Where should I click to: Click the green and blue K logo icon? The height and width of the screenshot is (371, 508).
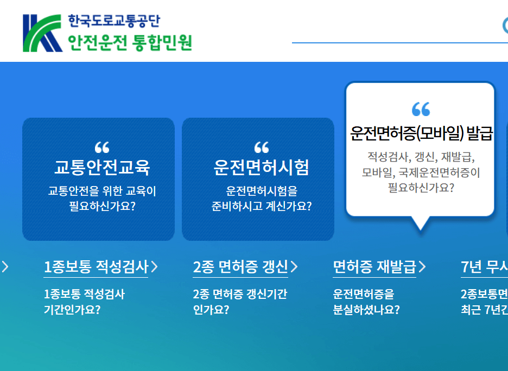42,33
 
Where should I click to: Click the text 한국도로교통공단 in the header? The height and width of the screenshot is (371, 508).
114,21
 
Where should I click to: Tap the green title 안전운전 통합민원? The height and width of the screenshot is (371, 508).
130,42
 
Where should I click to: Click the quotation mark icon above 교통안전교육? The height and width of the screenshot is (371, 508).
102,147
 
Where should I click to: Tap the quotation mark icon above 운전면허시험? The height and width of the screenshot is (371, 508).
262,147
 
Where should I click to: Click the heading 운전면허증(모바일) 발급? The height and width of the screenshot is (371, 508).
421,133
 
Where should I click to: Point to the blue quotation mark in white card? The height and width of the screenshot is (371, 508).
421,109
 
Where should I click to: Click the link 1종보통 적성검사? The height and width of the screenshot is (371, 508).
96,266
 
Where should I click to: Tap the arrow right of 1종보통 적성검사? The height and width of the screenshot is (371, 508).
155,266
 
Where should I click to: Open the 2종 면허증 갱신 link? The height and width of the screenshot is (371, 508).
240,266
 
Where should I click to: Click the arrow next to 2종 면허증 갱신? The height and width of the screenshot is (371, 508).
294,266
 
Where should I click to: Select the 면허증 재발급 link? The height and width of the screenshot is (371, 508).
374,266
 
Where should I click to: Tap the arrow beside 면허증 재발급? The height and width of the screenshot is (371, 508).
422,266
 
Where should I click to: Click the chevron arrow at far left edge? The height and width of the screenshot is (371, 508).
5,266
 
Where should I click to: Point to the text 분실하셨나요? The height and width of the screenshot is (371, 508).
366,310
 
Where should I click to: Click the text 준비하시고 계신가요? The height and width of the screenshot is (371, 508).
262,206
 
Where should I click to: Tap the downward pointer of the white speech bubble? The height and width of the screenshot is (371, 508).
421,224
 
